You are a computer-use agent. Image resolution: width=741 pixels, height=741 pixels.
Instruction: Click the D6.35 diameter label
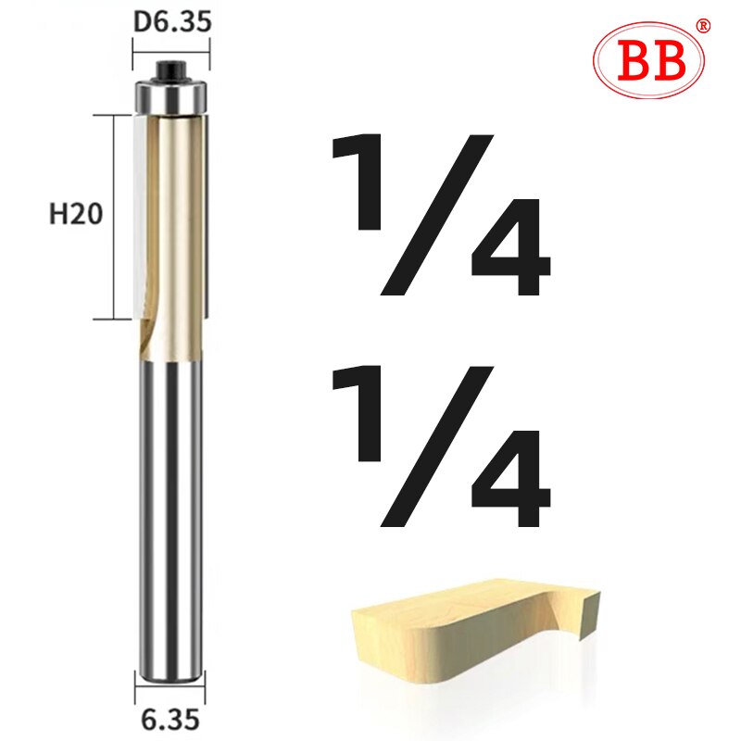172,20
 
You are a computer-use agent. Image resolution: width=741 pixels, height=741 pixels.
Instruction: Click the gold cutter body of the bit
176,232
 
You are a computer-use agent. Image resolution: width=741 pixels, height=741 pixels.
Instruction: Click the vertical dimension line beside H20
115,218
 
